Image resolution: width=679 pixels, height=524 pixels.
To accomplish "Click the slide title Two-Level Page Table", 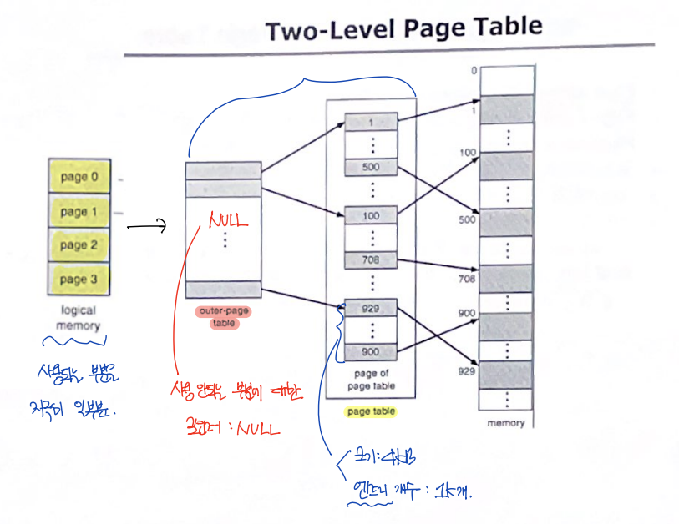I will point(403,29).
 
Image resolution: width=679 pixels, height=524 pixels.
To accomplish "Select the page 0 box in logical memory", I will point(79,178).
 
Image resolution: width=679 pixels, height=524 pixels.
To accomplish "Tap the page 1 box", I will point(79,212).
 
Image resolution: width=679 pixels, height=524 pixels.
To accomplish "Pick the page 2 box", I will point(79,245).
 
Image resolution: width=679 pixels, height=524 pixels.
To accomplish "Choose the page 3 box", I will point(79,279).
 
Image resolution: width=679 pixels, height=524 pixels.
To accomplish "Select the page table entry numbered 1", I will point(371,123).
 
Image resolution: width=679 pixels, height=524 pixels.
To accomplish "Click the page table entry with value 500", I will point(371,167).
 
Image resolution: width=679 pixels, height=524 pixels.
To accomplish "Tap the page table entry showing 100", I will point(371,216).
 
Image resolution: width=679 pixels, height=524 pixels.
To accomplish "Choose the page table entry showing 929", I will point(371,308).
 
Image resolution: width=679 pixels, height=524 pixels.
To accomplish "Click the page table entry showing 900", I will point(371,352).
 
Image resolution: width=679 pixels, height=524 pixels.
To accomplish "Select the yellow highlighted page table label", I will point(371,411).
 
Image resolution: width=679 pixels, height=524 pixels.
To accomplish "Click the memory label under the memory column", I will point(506,424).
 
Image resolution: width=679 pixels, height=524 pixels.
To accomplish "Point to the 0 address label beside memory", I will point(474,71).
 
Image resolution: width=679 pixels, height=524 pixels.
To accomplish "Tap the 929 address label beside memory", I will point(467,369).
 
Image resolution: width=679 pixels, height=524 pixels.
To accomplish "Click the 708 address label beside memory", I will point(467,280).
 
